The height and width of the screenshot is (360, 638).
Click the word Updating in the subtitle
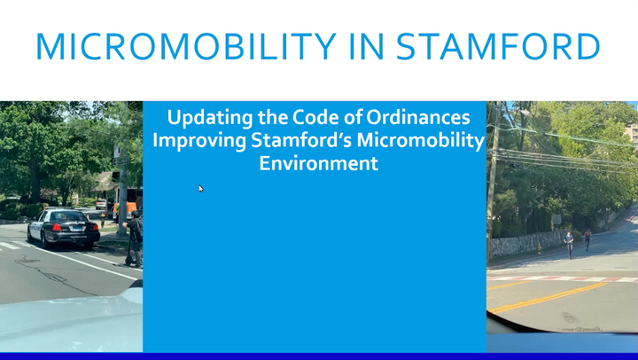click(209, 118)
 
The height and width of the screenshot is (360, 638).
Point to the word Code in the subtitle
click(309, 118)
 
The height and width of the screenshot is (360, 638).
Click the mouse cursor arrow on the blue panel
click(201, 188)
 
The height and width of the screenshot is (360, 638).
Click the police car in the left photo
click(62, 227)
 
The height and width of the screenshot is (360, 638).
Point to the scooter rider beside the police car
click(134, 238)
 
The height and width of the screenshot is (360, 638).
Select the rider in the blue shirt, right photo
click(568, 242)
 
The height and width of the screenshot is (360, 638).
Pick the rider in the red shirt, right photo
click(587, 239)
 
